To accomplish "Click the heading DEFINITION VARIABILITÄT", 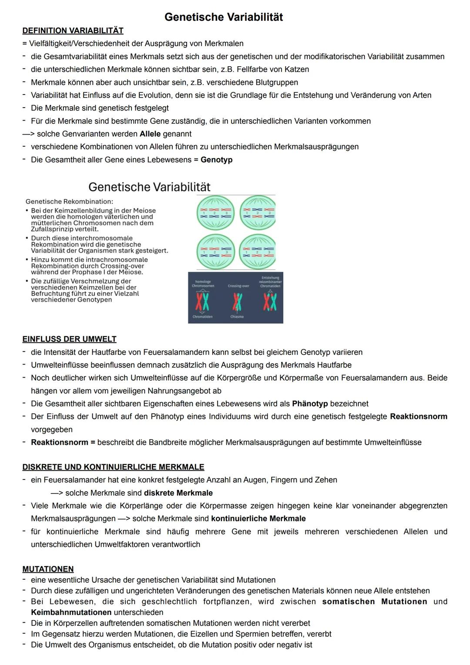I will [x=73, y=30].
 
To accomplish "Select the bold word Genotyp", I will [x=216, y=160].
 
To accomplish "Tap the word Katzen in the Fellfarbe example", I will [x=297, y=69].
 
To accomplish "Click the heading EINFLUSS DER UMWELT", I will [x=69, y=339].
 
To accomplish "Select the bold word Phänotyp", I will [x=309, y=404].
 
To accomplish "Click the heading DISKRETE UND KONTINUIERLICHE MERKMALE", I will [x=113, y=467].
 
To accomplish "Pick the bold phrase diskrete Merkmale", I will [x=178, y=493].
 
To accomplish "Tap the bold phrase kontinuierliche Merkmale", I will [x=258, y=519].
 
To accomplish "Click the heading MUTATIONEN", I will [x=48, y=569].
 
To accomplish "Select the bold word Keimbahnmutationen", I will [x=71, y=612].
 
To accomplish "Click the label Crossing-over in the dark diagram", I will [x=238, y=286].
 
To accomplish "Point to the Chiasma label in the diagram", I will [x=237, y=317].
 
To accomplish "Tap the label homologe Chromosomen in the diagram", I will [x=203, y=284].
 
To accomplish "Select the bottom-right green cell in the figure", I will [x=257, y=252].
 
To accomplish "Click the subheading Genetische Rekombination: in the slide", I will [x=69, y=202].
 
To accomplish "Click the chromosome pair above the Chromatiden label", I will [x=202, y=302].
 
